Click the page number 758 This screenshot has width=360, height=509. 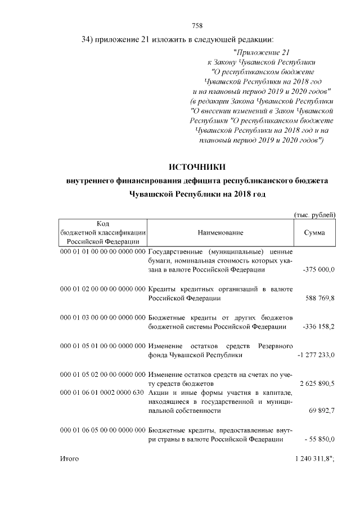point(197,25)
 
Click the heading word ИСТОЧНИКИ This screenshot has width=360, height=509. point(197,167)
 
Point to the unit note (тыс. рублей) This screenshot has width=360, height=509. point(315,214)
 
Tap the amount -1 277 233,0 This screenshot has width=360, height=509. point(316,355)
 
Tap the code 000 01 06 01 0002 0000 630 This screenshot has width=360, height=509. point(102,393)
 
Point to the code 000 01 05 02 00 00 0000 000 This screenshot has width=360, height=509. point(102,374)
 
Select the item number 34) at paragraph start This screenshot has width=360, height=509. point(87,39)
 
